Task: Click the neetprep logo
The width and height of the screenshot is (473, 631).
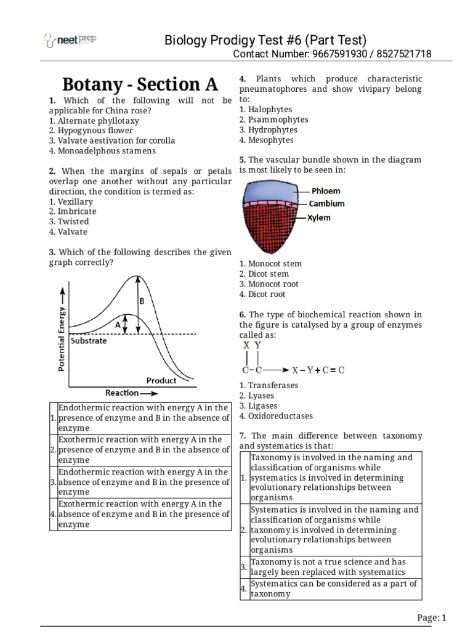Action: click(70, 41)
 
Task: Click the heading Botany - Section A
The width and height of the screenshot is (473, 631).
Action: click(140, 84)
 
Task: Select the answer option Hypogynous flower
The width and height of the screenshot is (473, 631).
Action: click(95, 130)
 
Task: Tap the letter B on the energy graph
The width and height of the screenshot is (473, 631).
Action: click(142, 301)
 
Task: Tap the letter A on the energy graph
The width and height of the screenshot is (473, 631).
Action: click(117, 323)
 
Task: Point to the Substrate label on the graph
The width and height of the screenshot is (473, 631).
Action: click(89, 341)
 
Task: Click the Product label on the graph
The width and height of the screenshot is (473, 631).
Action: click(161, 380)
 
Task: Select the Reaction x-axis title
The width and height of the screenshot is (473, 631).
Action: click(127, 393)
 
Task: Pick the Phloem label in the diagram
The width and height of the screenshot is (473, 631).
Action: click(325, 191)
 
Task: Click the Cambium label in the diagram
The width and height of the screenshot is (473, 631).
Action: click(326, 204)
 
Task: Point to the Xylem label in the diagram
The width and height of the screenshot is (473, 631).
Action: click(319, 218)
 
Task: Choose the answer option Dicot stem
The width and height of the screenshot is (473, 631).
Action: click(268, 274)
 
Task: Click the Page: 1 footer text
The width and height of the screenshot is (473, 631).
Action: click(431, 618)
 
